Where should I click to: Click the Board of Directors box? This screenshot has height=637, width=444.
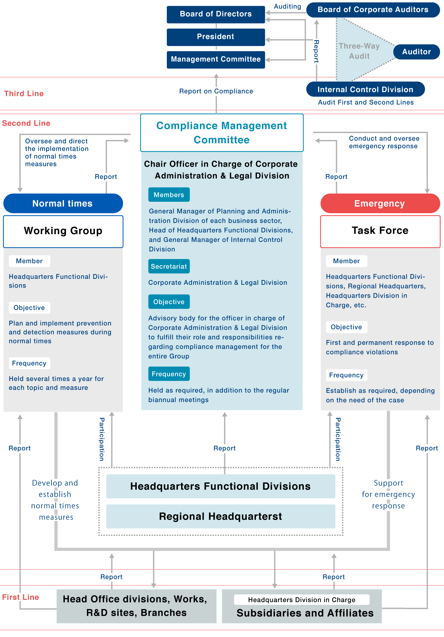[216, 14]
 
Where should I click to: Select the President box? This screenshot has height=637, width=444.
[216, 37]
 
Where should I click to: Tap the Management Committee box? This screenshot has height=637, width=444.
[216, 60]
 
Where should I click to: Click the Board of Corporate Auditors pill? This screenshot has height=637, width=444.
[373, 10]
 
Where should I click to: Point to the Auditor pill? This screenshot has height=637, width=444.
[416, 52]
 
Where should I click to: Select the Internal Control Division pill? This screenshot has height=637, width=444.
[365, 90]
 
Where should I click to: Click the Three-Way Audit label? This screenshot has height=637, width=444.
[359, 51]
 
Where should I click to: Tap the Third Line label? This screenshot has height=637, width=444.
[24, 94]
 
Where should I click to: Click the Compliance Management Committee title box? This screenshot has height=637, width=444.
[222, 133]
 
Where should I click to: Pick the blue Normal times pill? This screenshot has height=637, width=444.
[63, 203]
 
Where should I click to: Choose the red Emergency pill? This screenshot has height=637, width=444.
[380, 203]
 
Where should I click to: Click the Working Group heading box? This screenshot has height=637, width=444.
[63, 231]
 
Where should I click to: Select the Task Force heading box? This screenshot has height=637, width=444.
[380, 231]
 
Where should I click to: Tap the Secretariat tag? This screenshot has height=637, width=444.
[169, 266]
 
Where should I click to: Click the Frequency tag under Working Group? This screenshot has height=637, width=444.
[29, 363]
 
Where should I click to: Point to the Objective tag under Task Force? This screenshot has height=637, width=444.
[346, 327]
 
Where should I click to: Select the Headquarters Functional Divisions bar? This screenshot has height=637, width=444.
[220, 486]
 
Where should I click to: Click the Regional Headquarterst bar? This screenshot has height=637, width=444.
[220, 516]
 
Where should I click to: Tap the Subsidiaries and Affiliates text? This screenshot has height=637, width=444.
[305, 613]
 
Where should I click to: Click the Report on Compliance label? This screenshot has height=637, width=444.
[216, 91]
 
